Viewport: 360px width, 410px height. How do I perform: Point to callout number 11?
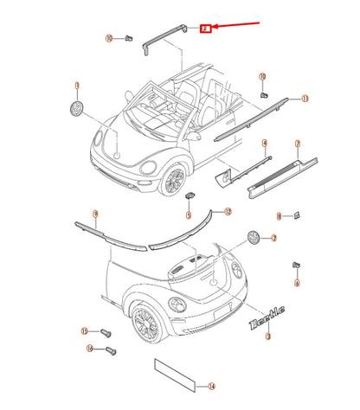click(304, 99)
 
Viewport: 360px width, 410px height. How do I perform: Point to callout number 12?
click(228, 210)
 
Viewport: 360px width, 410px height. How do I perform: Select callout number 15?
click(85, 331)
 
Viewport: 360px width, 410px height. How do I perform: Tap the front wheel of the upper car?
click(176, 180)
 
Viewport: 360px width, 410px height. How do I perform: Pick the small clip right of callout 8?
click(295, 215)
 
